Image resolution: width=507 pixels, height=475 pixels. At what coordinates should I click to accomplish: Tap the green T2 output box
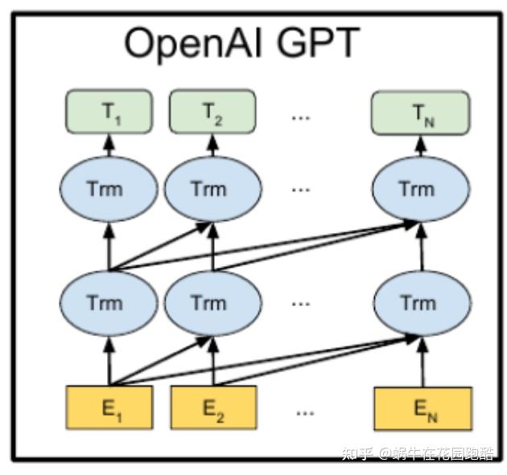coord(212,113)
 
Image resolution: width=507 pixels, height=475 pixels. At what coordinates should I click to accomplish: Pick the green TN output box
coord(419,113)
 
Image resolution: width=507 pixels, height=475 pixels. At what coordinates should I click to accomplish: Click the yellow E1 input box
coord(109,409)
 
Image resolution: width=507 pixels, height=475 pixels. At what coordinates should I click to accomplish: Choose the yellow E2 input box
coord(213,409)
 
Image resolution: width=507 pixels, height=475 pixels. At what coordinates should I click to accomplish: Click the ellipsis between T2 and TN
coord(301,117)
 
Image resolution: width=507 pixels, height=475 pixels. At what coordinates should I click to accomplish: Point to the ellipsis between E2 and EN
coord(304,412)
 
